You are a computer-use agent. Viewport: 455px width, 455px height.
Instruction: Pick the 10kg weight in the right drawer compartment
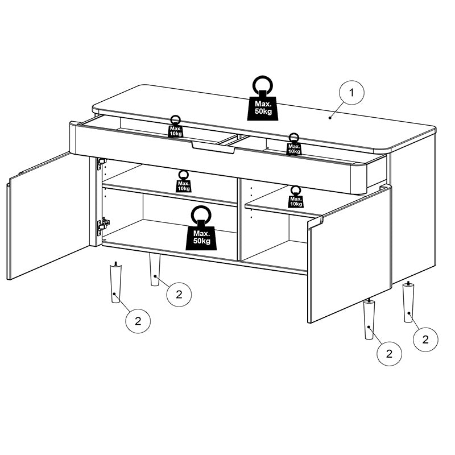pyautogui.click(x=293, y=145)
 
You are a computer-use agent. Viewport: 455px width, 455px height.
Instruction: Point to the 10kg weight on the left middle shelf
pyautogui.click(x=183, y=181)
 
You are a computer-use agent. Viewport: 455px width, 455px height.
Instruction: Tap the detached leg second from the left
pyautogui.click(x=155, y=270)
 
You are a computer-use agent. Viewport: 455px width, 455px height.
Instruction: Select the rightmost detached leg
pyautogui.click(x=408, y=302)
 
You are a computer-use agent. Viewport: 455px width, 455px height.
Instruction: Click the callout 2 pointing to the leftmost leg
pyautogui.click(x=138, y=320)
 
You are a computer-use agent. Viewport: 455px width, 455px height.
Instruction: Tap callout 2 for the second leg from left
pyautogui.click(x=179, y=294)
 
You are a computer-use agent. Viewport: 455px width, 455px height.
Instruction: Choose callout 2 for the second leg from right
pyautogui.click(x=390, y=353)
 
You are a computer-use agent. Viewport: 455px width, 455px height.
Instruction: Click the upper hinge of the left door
pyautogui.click(x=101, y=164)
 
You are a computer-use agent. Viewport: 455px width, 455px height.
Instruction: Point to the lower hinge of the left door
pyautogui.click(x=102, y=226)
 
